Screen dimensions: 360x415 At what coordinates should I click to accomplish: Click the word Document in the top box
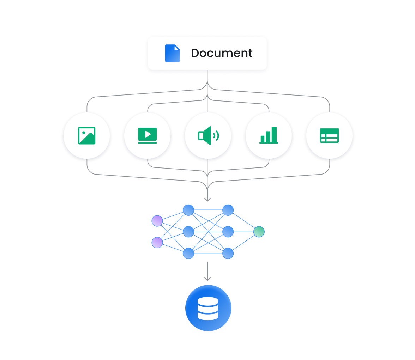click(x=221, y=53)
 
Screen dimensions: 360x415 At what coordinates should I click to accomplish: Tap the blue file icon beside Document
click(x=172, y=53)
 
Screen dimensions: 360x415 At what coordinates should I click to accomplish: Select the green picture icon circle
click(x=87, y=136)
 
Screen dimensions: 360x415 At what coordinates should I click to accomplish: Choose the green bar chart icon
click(x=269, y=136)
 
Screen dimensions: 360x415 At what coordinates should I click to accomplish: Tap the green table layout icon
click(x=329, y=136)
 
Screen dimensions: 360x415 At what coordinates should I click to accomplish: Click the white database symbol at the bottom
click(x=208, y=309)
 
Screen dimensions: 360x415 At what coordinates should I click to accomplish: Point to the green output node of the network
click(x=259, y=232)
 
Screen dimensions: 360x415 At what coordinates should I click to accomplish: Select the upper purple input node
click(x=157, y=221)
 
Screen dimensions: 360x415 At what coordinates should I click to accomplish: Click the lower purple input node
click(x=157, y=243)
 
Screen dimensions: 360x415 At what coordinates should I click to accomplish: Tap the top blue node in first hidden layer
click(x=188, y=210)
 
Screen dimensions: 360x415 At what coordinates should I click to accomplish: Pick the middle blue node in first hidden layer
click(x=188, y=232)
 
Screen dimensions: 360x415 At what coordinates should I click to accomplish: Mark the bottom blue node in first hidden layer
click(x=188, y=253)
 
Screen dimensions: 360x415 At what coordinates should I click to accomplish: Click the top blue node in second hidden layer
click(x=228, y=210)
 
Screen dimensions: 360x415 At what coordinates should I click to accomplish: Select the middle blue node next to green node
click(x=228, y=232)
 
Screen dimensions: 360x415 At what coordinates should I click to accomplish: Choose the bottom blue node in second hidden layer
click(x=228, y=253)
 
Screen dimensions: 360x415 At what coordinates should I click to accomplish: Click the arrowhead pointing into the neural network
click(x=207, y=199)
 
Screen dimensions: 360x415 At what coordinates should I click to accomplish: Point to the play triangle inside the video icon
click(x=148, y=134)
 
